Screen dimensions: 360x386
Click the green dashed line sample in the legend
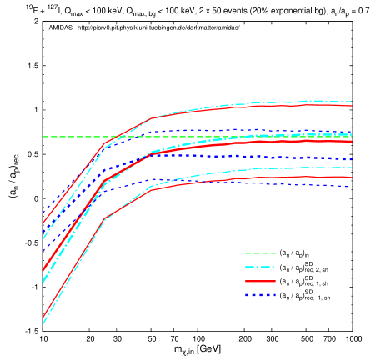(260, 253)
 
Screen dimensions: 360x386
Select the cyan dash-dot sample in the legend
(260, 267)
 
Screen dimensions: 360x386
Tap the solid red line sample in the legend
(260, 282)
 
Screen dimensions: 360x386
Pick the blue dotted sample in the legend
(260, 295)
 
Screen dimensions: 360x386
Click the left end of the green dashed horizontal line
(43, 137)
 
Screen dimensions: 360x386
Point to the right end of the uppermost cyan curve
(352, 102)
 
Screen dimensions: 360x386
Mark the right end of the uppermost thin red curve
(352, 106)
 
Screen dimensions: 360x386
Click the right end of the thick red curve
(352, 142)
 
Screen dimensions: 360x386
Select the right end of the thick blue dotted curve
(352, 159)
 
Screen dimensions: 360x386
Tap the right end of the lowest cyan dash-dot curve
(352, 167)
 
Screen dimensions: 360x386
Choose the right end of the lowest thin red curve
(352, 177)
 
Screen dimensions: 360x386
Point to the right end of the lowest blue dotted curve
(350, 187)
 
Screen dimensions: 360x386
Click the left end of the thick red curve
(43, 270)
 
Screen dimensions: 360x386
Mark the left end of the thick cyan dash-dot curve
(43, 282)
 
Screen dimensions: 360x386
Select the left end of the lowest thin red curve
(43, 317)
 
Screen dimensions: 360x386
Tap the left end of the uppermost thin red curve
(43, 223)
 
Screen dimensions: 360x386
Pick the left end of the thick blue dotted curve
(43, 250)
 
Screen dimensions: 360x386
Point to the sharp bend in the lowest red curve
(103, 219)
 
